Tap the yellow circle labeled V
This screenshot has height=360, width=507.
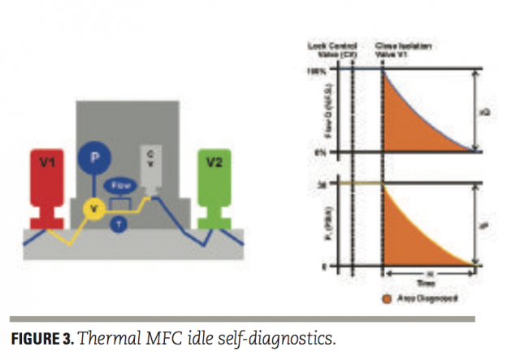point(96,209)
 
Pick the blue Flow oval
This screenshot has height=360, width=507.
point(120,185)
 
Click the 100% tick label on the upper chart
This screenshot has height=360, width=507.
point(316,71)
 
